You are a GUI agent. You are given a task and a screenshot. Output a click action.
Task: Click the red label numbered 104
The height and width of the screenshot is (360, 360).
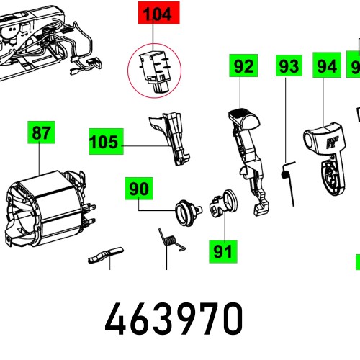click(x=156, y=15)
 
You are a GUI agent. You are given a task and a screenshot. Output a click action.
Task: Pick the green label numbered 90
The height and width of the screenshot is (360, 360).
click(x=138, y=189)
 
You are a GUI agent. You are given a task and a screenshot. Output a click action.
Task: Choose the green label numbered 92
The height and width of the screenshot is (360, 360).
click(x=244, y=67)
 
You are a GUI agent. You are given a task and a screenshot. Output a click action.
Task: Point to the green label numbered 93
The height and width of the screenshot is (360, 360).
click(x=288, y=67)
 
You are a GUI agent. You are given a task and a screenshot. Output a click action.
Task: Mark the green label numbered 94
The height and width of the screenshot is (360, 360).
click(x=327, y=67)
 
